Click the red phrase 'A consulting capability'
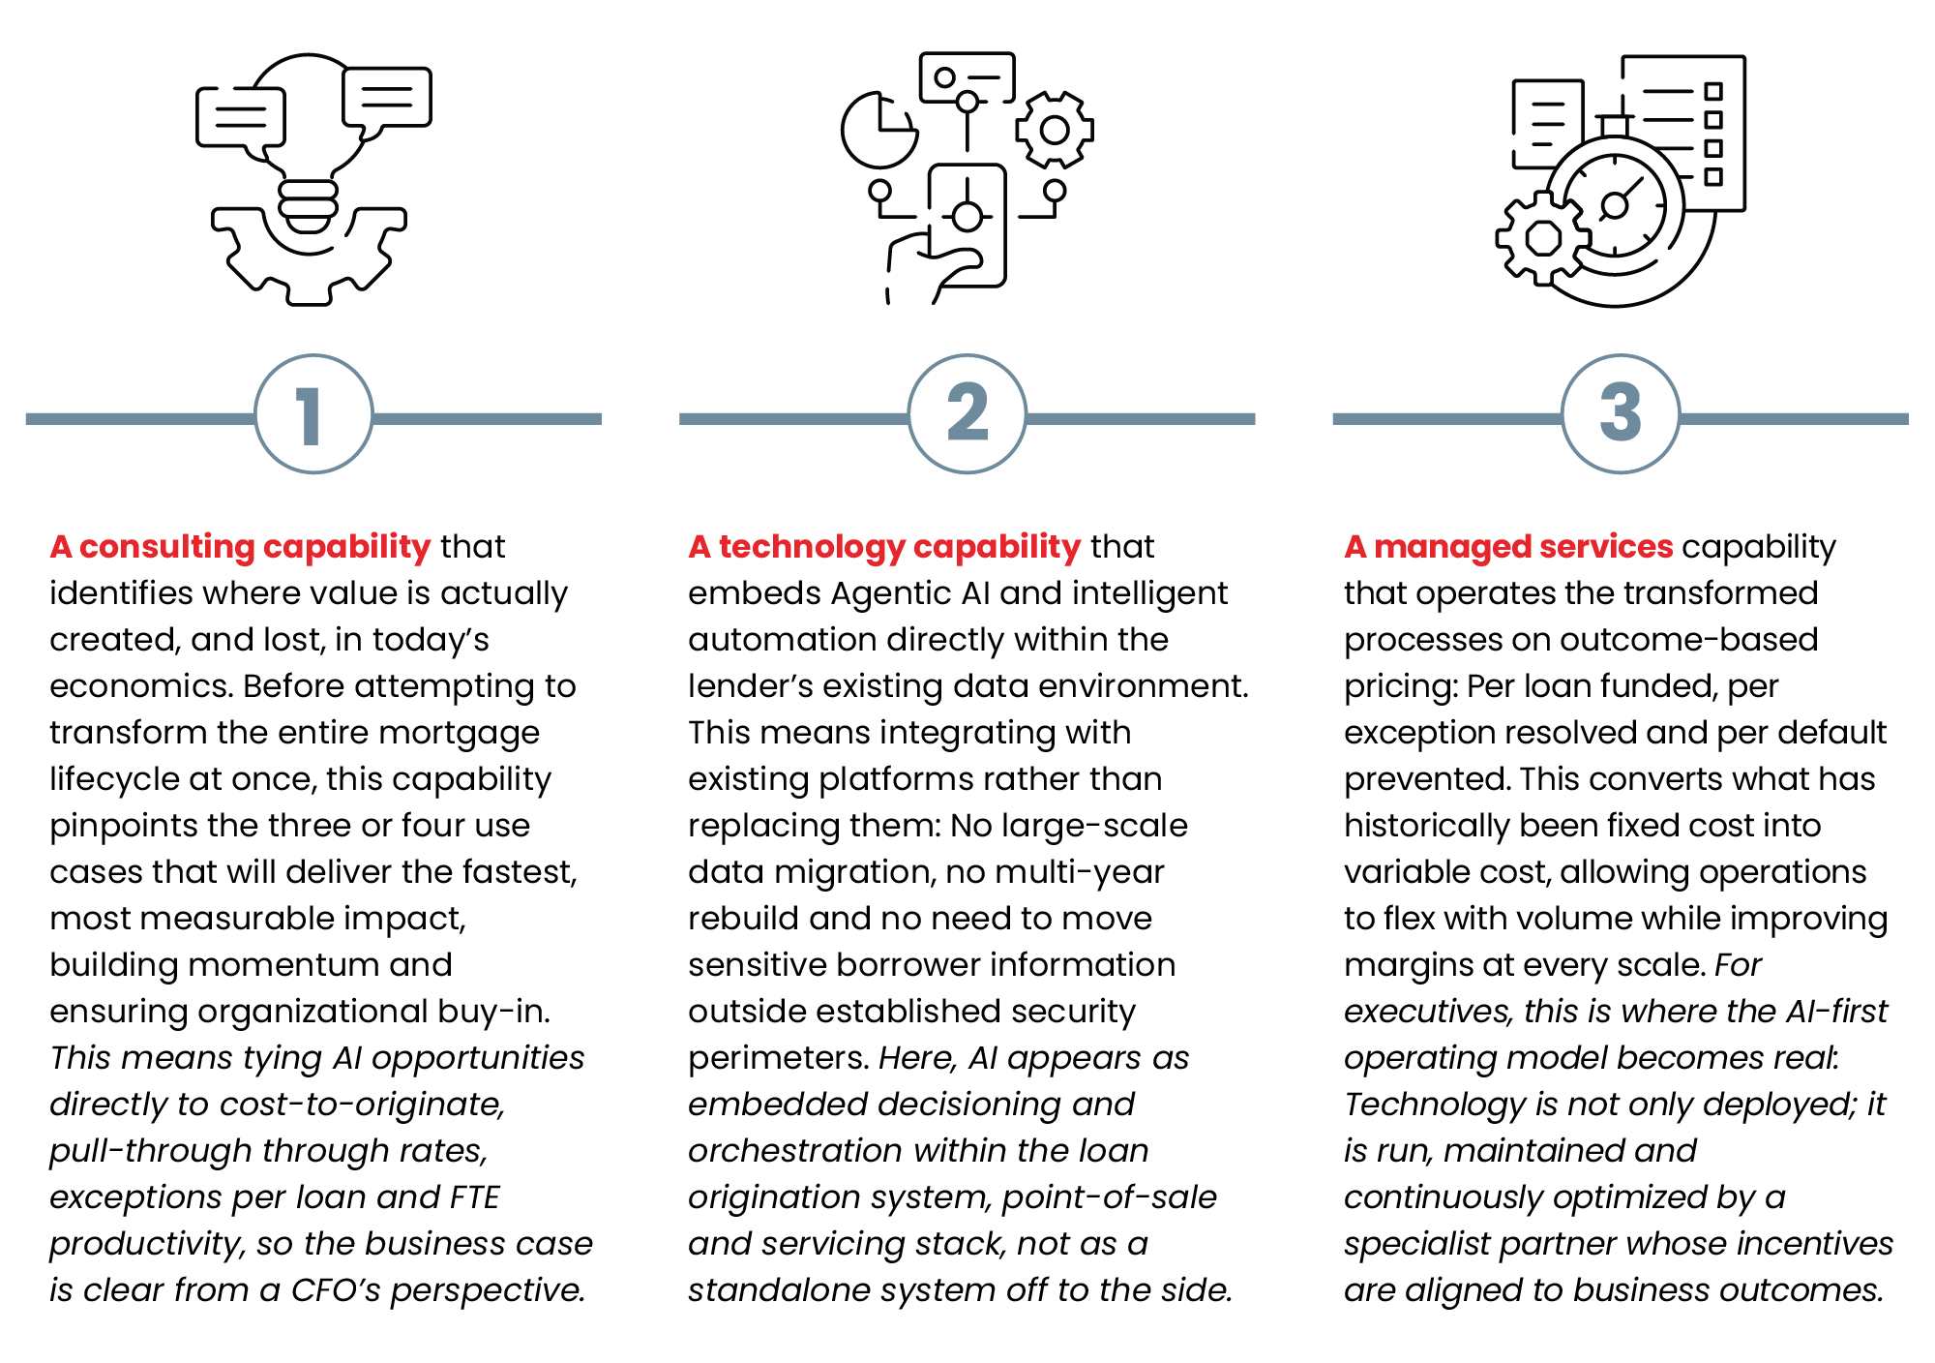[240, 548]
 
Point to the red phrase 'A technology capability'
[884, 548]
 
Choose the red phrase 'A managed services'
[1508, 548]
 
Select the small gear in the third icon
[1542, 238]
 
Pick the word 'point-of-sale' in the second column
[1109, 1198]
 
